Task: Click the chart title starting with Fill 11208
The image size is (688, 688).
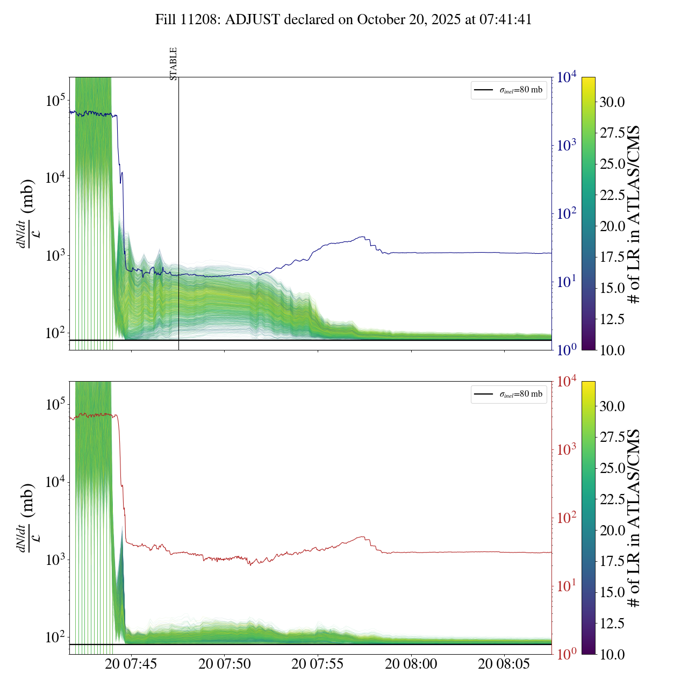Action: [x=343, y=20]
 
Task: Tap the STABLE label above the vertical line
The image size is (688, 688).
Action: [x=173, y=63]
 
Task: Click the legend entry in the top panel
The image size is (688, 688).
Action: [x=508, y=90]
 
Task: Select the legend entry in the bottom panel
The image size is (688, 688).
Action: [x=508, y=394]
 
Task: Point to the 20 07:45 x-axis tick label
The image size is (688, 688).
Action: [x=131, y=664]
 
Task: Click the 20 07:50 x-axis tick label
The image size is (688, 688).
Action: [x=225, y=664]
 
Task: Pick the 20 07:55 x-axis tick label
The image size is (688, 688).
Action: [x=318, y=664]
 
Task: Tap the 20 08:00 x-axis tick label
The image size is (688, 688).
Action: [x=411, y=664]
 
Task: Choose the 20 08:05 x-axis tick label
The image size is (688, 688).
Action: [x=504, y=664]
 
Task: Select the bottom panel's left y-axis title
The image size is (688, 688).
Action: [x=27, y=518]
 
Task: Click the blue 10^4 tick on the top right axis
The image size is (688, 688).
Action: [x=567, y=78]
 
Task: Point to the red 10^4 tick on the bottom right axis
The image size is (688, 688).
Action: [x=567, y=382]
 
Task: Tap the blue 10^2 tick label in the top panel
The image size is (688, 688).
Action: [x=567, y=214]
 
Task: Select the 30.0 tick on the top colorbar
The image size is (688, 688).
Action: [x=612, y=102]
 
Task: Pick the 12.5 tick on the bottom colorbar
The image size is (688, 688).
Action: [x=612, y=623]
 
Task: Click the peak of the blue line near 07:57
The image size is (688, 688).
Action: [x=363, y=237]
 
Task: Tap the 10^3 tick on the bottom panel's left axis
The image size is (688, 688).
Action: [x=55, y=560]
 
